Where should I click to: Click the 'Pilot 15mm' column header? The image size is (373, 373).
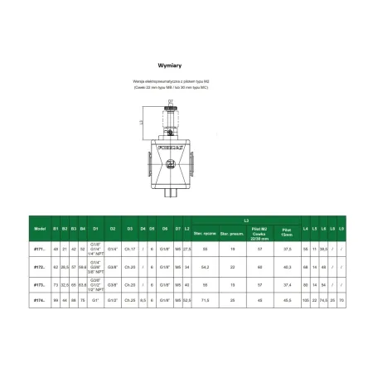click(x=287, y=229)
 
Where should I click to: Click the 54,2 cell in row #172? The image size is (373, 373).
click(x=204, y=265)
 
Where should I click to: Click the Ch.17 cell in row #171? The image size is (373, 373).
click(x=128, y=248)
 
